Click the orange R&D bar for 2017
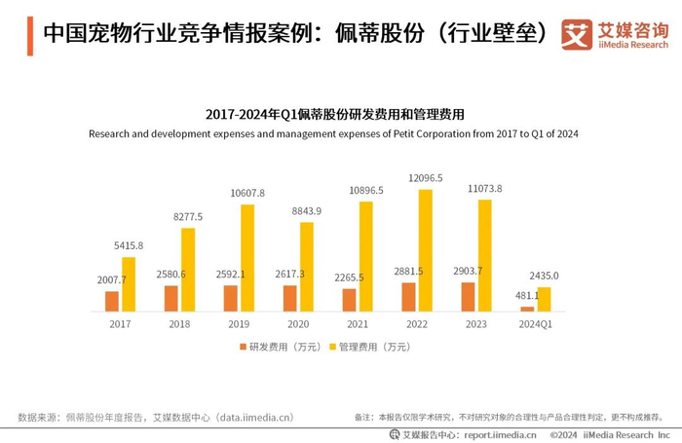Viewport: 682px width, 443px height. (112, 301)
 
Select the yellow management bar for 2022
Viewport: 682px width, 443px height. (425, 250)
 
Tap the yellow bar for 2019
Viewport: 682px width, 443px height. (247, 258)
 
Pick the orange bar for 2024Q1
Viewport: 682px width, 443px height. (528, 309)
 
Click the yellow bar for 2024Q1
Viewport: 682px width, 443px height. (544, 299)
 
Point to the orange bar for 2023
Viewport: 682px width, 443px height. (469, 297)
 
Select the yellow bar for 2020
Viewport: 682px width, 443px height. (307, 267)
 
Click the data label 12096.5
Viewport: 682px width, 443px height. (425, 178)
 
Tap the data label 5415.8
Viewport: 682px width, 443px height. (128, 245)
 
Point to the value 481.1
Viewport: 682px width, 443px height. (527, 296)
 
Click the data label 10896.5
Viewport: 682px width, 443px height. (366, 190)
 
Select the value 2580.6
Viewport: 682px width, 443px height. (171, 275)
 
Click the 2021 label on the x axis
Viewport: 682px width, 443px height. (358, 324)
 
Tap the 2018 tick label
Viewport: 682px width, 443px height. (179, 324)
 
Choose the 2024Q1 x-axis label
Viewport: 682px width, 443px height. (536, 324)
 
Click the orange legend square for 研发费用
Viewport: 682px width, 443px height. (243, 347)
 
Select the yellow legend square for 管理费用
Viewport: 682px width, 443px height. (331, 347)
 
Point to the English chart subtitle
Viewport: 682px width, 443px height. (333, 133)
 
